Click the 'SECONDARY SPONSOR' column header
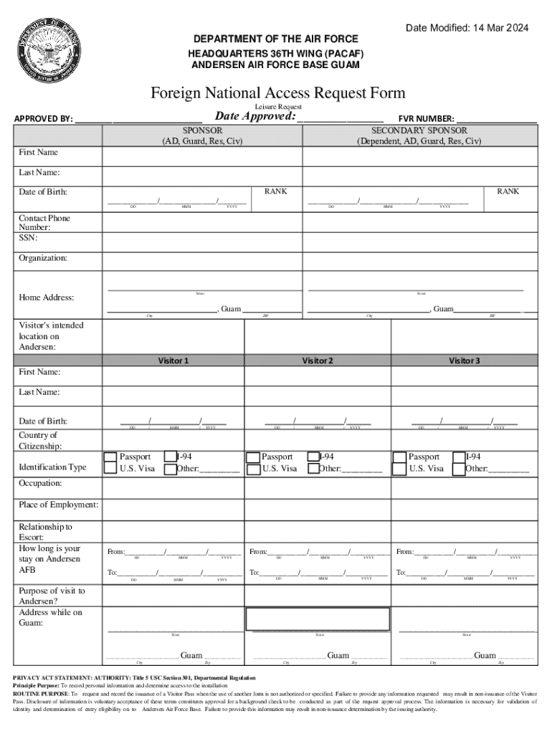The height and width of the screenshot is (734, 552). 419,130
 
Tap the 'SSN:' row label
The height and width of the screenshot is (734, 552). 29,237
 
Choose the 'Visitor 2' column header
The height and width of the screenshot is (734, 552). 318,361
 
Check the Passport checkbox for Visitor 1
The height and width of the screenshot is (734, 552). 110,457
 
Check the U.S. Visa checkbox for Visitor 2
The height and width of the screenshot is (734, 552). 253,470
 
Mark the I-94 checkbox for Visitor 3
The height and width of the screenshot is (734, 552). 459,457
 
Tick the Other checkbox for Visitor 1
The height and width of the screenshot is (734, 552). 170,470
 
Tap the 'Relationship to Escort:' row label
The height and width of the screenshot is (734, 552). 45,532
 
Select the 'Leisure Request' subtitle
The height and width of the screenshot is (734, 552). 278,107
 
